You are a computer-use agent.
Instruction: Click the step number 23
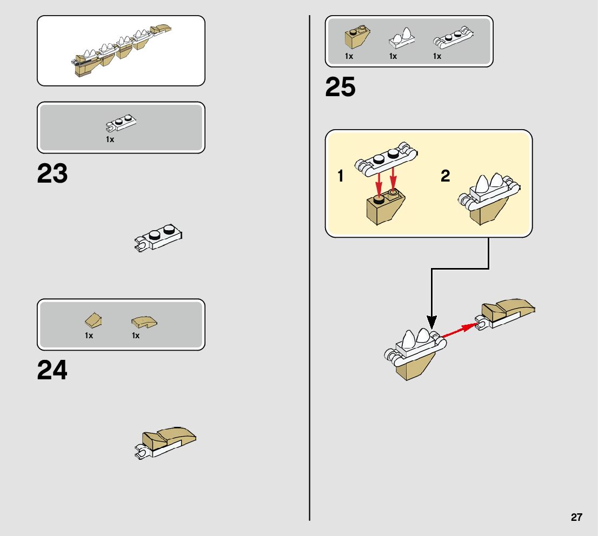[52, 174]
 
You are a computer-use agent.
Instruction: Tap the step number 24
[52, 371]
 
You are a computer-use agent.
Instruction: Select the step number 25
[341, 88]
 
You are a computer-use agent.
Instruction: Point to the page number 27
[576, 517]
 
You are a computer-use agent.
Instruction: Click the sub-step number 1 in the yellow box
[341, 176]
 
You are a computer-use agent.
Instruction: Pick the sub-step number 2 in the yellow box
[445, 176]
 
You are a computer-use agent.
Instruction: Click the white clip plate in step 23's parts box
[121, 124]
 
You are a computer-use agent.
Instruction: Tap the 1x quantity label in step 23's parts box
[110, 139]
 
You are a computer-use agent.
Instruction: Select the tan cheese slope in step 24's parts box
[93, 321]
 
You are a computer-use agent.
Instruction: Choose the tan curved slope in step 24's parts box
[144, 323]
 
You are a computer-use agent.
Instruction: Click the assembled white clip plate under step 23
[158, 238]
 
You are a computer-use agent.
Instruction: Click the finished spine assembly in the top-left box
[121, 52]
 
